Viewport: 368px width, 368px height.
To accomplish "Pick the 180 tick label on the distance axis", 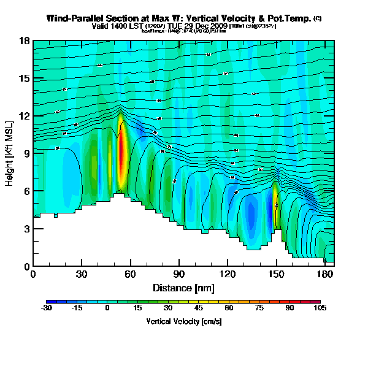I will tap(325, 275).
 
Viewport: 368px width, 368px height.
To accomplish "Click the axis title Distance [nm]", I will tap(183, 288).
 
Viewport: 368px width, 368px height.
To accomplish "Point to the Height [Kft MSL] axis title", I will tap(10, 153).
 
